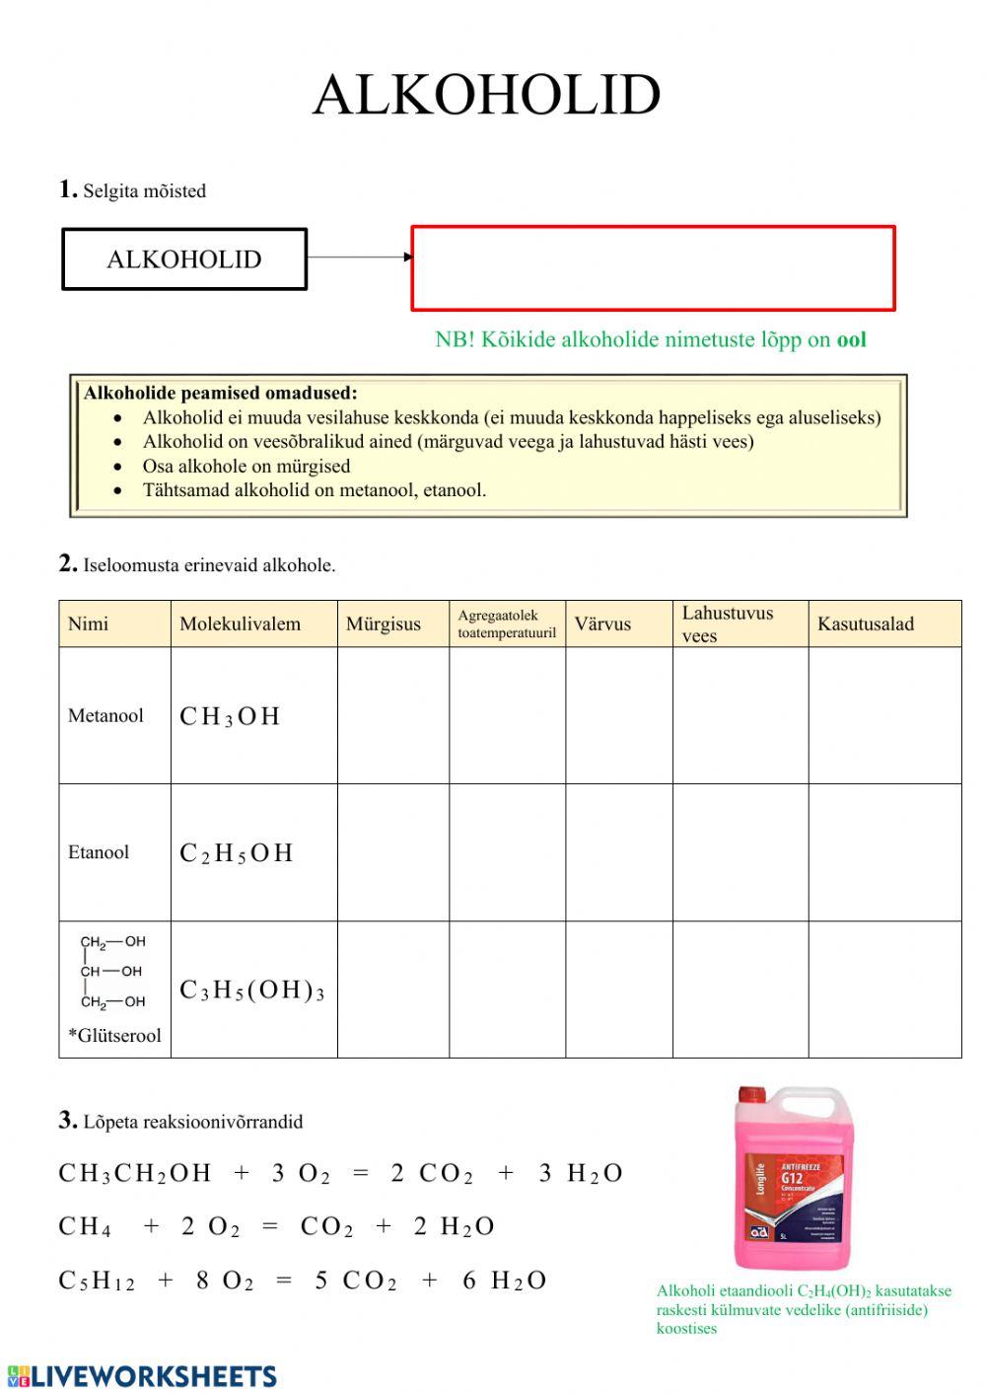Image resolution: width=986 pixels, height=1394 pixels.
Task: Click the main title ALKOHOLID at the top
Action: click(486, 96)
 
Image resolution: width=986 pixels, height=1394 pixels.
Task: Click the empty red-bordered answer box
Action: click(653, 268)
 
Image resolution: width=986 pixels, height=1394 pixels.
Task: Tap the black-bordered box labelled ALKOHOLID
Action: click(184, 259)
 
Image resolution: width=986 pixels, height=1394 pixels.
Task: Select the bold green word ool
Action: click(851, 340)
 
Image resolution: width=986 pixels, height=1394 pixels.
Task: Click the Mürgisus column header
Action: click(384, 624)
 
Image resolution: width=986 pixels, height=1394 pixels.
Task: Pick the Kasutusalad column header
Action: click(866, 624)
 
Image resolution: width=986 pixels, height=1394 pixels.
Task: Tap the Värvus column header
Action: click(602, 624)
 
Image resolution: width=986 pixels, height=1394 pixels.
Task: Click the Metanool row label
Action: click(106, 715)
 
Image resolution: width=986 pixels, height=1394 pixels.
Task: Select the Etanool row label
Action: click(99, 852)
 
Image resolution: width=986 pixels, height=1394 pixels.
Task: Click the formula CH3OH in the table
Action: click(230, 717)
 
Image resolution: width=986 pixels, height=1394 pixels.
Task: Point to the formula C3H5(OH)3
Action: click(251, 990)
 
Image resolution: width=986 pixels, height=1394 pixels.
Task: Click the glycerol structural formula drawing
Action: click(112, 972)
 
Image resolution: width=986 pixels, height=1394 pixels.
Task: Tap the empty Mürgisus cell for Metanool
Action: click(392, 715)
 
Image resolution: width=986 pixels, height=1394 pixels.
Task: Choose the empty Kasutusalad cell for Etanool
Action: click(884, 852)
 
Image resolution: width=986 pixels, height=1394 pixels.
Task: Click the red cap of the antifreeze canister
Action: click(752, 1095)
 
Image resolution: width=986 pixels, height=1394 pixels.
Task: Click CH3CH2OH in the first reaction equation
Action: click(135, 1173)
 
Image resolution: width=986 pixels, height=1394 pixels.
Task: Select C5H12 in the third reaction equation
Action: click(97, 1281)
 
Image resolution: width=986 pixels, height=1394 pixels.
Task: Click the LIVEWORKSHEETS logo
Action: click(142, 1376)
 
